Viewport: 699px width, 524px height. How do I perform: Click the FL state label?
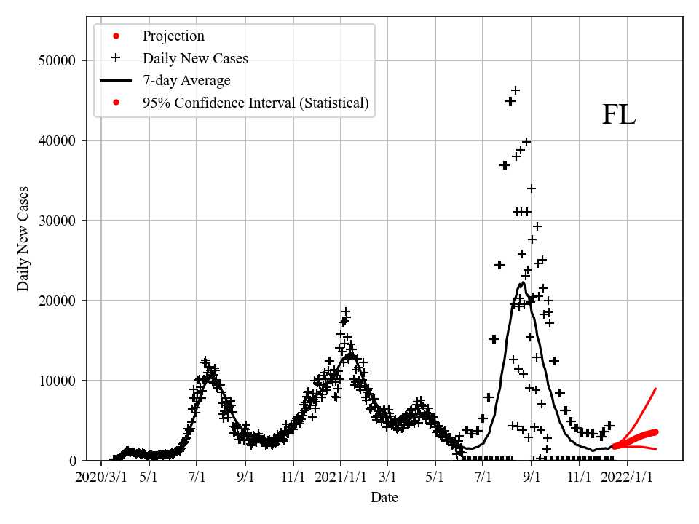click(618, 116)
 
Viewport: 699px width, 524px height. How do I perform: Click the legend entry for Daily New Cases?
click(195, 58)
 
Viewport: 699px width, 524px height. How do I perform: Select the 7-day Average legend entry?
click(186, 81)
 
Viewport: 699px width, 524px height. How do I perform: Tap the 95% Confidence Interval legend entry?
click(256, 103)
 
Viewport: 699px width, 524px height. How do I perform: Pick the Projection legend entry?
click(173, 36)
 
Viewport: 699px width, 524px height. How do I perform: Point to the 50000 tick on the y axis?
click(57, 60)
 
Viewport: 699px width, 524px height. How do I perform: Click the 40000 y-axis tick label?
click(57, 140)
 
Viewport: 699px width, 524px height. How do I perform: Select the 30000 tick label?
click(57, 221)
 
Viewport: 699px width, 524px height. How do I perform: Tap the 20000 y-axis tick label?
click(57, 301)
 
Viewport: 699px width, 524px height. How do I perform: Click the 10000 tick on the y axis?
click(57, 381)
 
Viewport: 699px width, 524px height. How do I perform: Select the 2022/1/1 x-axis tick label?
click(628, 477)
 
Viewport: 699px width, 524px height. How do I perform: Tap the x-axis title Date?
click(384, 498)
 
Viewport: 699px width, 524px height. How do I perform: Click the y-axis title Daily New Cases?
click(24, 239)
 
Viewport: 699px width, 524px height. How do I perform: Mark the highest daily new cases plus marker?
click(515, 90)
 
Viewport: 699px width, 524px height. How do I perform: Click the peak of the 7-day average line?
click(522, 283)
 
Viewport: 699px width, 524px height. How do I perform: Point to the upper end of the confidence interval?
click(656, 389)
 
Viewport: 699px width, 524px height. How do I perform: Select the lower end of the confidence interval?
click(656, 449)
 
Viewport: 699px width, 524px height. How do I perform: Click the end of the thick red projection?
click(655, 432)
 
